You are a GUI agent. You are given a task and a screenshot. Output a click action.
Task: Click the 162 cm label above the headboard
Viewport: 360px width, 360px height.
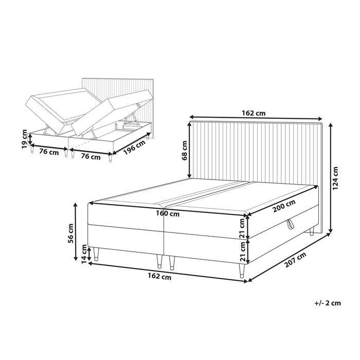click(x=254, y=112)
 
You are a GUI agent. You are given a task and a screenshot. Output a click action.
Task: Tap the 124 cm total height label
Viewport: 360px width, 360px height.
click(x=335, y=178)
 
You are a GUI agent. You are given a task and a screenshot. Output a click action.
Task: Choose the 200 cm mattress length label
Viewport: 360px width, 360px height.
click(x=284, y=204)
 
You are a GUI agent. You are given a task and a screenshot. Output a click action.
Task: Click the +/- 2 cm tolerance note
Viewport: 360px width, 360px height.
click(x=327, y=302)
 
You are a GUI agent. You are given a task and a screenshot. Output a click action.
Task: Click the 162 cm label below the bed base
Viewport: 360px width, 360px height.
click(x=159, y=277)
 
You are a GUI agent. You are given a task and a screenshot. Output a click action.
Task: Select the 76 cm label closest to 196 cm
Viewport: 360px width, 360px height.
click(x=91, y=156)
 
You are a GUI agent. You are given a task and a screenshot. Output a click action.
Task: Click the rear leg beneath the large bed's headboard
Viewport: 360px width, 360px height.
click(x=312, y=232)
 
